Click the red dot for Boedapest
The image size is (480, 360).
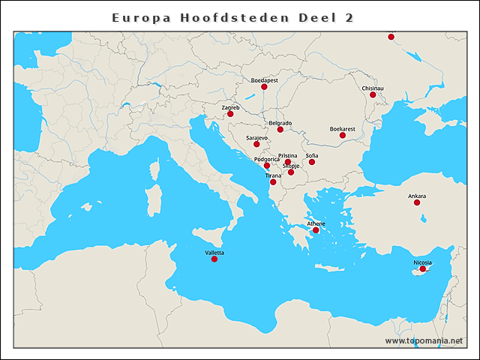[x=264, y=87]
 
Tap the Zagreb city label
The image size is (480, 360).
[x=231, y=107]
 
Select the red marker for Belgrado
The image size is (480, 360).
[x=280, y=130]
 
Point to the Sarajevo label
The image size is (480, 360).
[x=256, y=138]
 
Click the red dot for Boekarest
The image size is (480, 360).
[x=343, y=135]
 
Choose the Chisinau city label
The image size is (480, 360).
[x=373, y=88]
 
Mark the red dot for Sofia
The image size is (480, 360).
[x=312, y=162]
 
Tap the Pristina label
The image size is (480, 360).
[x=288, y=155]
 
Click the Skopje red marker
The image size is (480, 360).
[x=291, y=172]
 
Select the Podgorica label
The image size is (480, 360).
[x=266, y=159]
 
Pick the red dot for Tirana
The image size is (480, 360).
[x=273, y=182]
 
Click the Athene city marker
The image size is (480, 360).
[x=316, y=230]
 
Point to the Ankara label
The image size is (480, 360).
[x=417, y=196]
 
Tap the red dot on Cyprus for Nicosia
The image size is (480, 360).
[x=422, y=269]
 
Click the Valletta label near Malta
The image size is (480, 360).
[x=214, y=253]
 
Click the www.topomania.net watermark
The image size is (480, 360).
[x=424, y=340]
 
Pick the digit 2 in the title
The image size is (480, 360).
[x=349, y=17]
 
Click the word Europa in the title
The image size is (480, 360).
[x=136, y=17]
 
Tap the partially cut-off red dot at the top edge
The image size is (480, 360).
[x=391, y=36]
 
